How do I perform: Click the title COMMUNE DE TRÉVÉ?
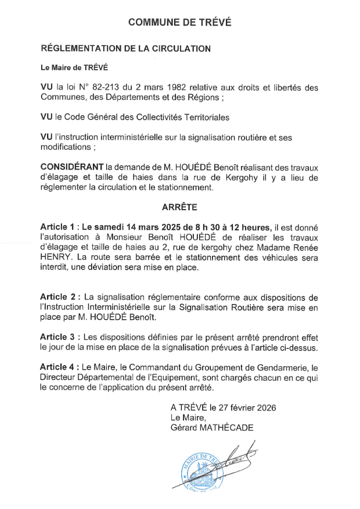pos(179,23)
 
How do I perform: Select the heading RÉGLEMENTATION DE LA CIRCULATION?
pos(125,49)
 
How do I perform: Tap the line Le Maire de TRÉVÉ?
pos(74,68)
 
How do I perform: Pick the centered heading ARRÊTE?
pos(179,207)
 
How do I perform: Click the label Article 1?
pos(57,226)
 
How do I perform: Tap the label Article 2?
pos(57,297)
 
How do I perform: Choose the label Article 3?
pos(57,337)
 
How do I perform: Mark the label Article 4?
pos(57,367)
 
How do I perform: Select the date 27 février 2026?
pos(243,407)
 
